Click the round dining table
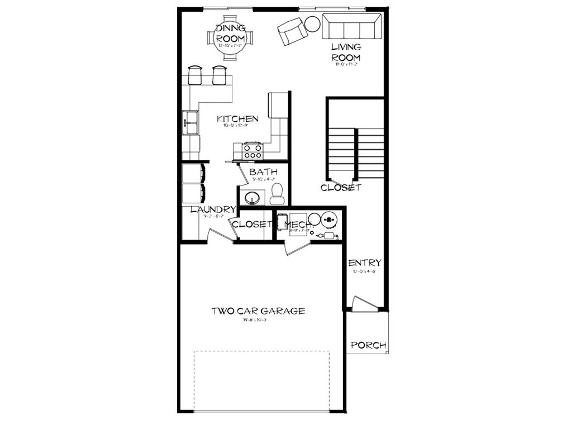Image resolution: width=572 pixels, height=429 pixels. (230, 38)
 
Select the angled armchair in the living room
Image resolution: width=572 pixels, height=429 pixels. (292, 31)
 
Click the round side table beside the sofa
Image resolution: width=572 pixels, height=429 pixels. (312, 23)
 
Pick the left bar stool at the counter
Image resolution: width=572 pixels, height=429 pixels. (195, 75)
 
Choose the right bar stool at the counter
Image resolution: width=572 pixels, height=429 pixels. (219, 75)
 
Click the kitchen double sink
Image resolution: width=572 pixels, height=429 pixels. (191, 122)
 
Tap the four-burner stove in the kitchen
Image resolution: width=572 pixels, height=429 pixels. (252, 150)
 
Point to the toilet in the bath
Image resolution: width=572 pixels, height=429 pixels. (277, 194)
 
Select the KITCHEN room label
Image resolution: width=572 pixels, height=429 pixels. (237, 119)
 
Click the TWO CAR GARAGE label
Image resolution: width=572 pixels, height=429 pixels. (258, 311)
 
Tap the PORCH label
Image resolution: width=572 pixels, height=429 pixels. (368, 345)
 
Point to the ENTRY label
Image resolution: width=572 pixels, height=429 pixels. (365, 263)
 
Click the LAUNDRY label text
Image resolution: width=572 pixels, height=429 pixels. (213, 210)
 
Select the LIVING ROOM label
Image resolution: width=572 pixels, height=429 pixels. (346, 53)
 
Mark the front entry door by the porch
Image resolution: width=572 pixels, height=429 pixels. (364, 304)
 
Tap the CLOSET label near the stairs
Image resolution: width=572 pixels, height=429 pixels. (341, 188)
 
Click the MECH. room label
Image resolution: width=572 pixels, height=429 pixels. (298, 225)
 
